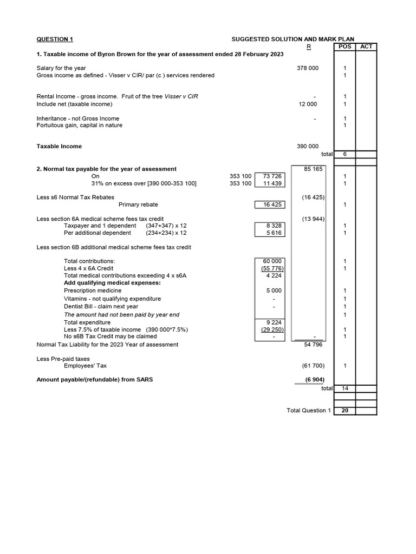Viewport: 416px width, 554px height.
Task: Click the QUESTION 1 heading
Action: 54,39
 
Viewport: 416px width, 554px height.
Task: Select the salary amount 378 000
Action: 308,68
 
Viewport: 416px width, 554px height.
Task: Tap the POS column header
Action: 344,47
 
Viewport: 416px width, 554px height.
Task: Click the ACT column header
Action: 366,47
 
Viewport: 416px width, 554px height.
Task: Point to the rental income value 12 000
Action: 308,104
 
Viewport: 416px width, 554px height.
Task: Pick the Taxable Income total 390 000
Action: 308,146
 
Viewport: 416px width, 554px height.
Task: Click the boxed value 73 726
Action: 272,176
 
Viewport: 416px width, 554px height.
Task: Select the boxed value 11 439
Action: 272,183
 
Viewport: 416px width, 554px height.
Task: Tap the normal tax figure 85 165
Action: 313,169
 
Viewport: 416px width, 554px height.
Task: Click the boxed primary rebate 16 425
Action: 272,205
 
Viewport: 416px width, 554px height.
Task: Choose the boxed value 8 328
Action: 272,226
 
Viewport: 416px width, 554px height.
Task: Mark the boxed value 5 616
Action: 272,233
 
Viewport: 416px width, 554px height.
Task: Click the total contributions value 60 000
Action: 272,261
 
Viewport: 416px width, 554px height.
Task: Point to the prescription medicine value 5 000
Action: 272,291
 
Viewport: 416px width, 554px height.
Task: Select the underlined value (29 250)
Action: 272,329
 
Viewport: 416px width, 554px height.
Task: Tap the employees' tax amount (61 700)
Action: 313,366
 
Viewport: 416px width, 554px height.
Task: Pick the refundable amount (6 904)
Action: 313,379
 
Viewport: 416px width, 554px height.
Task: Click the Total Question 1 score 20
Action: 344,411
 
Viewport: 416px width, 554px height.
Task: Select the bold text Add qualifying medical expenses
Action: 112,282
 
